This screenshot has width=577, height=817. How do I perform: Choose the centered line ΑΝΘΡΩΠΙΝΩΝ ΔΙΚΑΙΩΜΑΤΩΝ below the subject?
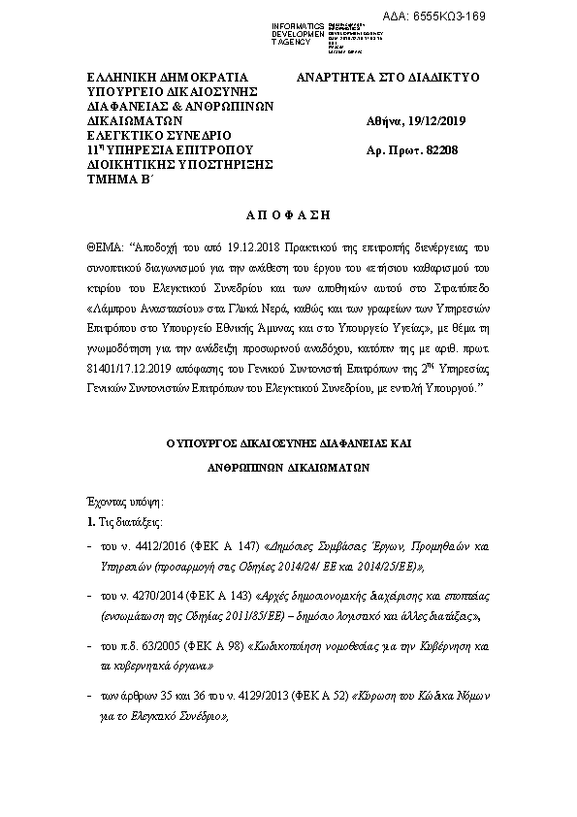(x=288, y=465)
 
